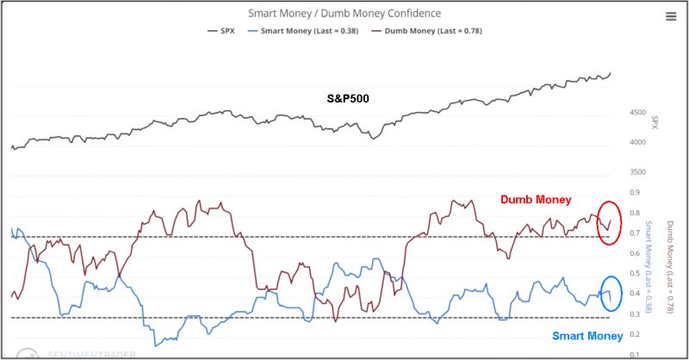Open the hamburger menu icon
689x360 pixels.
671,16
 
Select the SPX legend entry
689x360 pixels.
222,31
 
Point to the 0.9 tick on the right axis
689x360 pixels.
634,193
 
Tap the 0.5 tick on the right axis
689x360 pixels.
634,274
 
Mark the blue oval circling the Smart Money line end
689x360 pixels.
609,294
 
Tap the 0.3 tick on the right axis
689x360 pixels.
634,314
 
